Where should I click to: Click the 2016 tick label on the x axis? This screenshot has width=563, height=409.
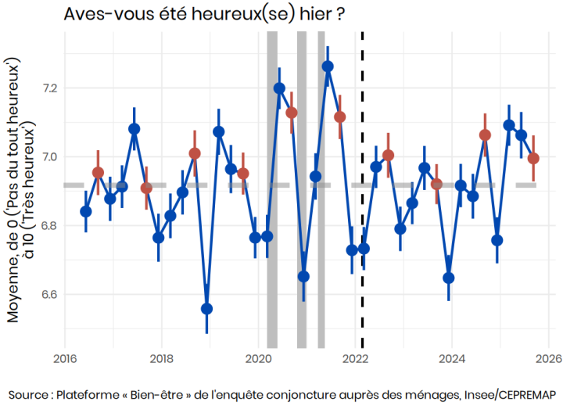click(x=64, y=360)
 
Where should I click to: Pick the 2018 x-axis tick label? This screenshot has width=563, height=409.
click(x=162, y=360)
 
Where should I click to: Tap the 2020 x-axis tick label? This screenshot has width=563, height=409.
click(x=259, y=360)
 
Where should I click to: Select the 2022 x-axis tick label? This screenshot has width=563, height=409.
click(x=356, y=360)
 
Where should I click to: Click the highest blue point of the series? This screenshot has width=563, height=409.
click(x=328, y=66)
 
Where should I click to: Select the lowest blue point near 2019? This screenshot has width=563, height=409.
click(x=206, y=308)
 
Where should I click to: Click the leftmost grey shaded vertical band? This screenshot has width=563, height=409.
click(x=272, y=196)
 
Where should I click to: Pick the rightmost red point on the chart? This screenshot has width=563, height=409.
click(x=533, y=158)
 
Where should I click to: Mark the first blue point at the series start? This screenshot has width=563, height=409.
click(x=86, y=211)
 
